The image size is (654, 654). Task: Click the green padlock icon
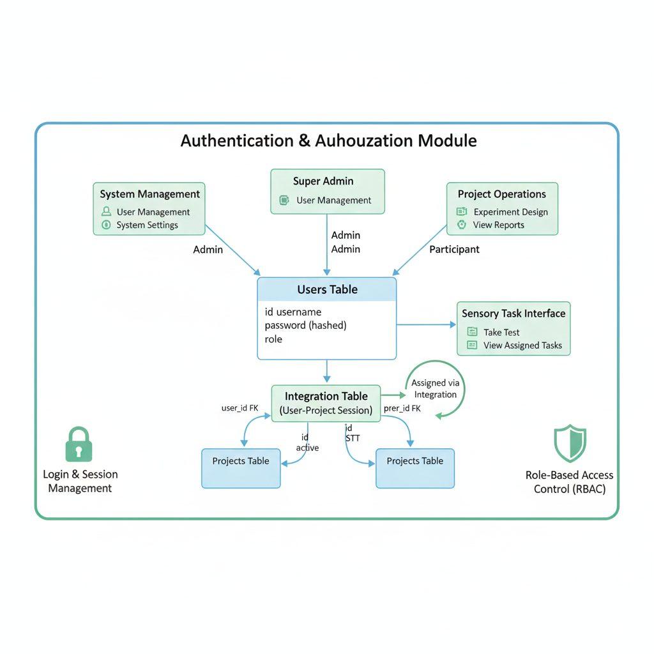79,445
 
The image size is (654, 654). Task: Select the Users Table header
327,289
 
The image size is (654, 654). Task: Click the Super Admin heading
323,181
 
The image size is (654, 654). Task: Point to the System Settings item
147,225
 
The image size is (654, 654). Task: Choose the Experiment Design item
510,212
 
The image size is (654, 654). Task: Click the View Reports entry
498,225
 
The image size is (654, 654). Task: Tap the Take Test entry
501,333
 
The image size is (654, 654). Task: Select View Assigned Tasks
522,346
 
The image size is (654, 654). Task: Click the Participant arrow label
454,249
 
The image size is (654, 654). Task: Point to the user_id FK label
240,408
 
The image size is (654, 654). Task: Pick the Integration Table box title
326,397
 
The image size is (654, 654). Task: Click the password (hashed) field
305,326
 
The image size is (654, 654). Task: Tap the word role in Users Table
273,339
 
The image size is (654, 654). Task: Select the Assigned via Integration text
435,389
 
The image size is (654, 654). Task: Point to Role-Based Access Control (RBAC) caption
569,482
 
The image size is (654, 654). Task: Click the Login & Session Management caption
80,482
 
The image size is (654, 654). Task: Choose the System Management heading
150,194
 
